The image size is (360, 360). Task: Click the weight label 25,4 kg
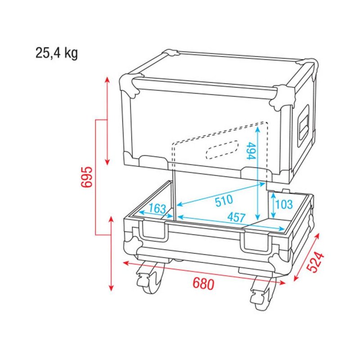click(x=57, y=53)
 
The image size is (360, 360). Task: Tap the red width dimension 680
click(x=203, y=283)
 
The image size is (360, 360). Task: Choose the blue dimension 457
click(x=236, y=217)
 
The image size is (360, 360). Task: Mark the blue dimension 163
click(x=157, y=209)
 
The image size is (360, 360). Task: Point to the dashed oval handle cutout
click(x=222, y=150)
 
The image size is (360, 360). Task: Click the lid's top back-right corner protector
click(x=308, y=63)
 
